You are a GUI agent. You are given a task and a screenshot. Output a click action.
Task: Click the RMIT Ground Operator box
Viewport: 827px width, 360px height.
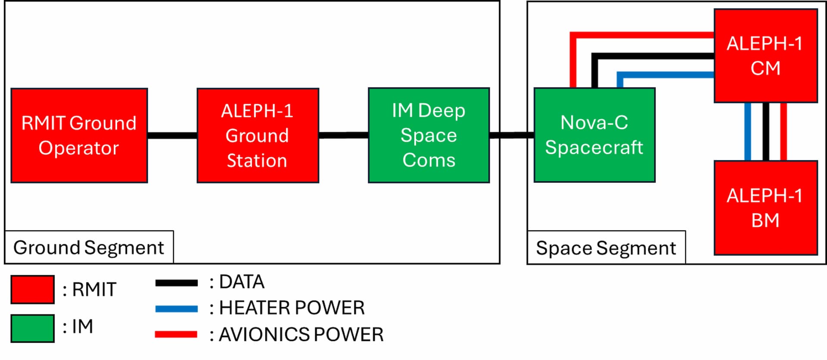coord(79,136)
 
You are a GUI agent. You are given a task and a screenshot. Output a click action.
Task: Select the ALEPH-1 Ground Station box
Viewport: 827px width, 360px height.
coord(258,136)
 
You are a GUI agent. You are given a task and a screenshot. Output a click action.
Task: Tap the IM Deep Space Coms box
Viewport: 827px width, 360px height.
coord(429,136)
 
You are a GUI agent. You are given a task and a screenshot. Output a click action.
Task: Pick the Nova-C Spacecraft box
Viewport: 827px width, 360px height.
coord(594,135)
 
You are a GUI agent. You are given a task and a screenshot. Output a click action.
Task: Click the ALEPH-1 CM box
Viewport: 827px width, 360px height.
coord(765,56)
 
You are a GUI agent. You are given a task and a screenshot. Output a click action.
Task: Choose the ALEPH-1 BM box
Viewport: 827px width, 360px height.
coord(765,208)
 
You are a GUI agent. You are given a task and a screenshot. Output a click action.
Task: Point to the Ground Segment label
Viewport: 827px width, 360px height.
coord(89,248)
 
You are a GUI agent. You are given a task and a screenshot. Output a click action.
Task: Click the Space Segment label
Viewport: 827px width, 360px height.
coord(606,248)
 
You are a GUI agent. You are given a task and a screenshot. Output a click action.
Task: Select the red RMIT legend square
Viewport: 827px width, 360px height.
coord(33,289)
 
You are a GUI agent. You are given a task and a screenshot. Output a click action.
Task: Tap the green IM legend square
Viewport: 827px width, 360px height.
coord(33,328)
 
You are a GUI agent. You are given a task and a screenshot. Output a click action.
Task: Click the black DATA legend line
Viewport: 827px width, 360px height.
coord(176,283)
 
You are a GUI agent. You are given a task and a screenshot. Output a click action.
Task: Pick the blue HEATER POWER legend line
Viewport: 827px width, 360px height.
coord(176,309)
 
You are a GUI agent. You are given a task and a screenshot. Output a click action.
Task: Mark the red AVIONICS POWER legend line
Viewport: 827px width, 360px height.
coord(176,334)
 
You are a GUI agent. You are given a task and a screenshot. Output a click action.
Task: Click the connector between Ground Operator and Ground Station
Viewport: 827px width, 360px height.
coord(172,136)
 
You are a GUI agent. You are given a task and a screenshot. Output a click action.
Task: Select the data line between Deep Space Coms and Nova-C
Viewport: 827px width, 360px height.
coord(512,135)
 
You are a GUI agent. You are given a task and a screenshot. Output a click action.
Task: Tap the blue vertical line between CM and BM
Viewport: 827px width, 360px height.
coord(748,132)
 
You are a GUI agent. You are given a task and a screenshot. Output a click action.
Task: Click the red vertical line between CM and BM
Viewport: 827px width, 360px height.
coord(783,132)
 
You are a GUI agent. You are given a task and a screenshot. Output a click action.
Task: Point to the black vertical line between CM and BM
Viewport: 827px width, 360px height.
coord(766,132)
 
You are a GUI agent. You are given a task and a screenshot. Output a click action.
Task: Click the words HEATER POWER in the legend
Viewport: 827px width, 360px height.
coord(292,308)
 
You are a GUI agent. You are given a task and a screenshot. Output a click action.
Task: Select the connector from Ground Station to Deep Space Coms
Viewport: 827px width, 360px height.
coord(343,135)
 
